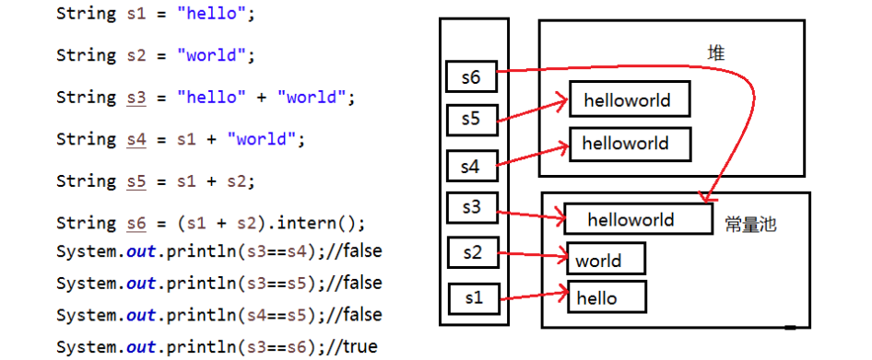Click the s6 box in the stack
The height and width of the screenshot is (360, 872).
tap(471, 77)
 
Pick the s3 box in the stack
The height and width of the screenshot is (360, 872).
tap(471, 208)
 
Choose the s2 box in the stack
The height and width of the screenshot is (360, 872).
tap(471, 252)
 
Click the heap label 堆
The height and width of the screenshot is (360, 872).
tap(715, 53)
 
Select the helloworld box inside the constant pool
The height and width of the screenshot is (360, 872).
tap(637, 219)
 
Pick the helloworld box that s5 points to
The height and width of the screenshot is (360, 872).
tap(629, 100)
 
